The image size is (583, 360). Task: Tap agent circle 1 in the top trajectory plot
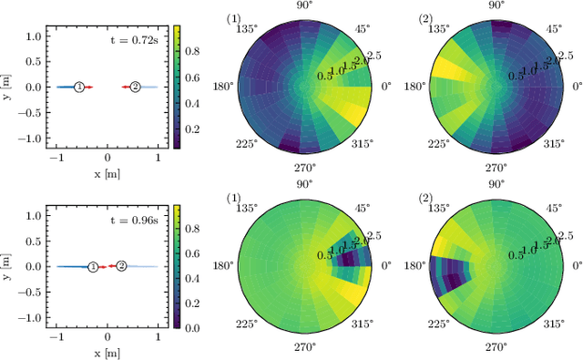tap(79, 87)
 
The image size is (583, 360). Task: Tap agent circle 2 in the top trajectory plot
tap(135, 87)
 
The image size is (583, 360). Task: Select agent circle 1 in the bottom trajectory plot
tap(93, 266)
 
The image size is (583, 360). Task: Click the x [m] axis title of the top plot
tap(107, 171)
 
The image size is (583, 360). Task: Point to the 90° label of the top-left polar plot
tap(305, 5)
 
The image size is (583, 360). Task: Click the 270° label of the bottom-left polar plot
tap(305, 347)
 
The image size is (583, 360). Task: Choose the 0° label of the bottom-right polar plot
tap(576, 266)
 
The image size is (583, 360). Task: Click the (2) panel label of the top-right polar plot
tap(425, 19)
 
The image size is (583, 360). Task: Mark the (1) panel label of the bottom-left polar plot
tap(232, 199)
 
